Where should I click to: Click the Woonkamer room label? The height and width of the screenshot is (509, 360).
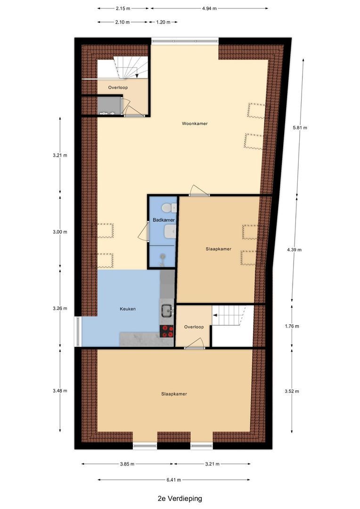coord(195,124)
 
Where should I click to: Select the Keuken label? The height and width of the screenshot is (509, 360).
coord(128,309)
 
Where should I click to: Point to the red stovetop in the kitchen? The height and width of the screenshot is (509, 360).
coord(167,331)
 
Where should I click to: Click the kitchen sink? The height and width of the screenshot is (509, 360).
coord(166,310)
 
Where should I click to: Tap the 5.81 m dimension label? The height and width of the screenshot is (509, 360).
coord(300,128)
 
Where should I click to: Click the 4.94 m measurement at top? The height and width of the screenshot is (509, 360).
coord(208,8)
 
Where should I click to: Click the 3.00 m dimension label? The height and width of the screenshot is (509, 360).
coord(60,232)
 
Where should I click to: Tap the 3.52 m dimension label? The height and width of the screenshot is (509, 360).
coord(293,391)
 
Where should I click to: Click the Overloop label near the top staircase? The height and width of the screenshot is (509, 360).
coord(118,88)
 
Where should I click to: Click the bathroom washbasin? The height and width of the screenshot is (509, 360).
coord(170,231)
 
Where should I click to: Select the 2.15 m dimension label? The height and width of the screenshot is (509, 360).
coord(123,8)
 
